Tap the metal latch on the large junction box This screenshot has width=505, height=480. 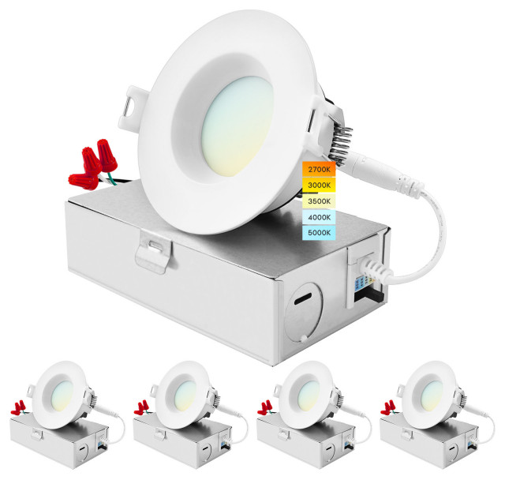(x=154, y=248)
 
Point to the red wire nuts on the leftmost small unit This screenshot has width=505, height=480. (x=21, y=408)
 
